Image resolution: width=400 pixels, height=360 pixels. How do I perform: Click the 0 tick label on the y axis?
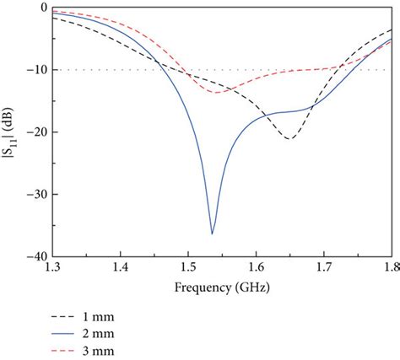[43, 8]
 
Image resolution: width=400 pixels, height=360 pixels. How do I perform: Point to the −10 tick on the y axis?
[37, 70]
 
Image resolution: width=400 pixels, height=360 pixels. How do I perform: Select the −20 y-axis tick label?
[37, 132]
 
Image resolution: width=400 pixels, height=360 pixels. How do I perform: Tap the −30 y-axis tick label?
[37, 195]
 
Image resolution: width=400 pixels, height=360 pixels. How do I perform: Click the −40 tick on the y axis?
[37, 256]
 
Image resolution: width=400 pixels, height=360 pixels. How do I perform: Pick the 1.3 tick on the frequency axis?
[52, 268]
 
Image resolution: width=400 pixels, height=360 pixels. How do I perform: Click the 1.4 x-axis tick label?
[120, 268]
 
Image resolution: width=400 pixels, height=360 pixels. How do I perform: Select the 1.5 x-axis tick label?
[188, 268]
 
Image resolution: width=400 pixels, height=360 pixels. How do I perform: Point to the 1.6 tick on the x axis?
[256, 268]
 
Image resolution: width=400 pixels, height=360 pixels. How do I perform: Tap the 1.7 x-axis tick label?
[324, 268]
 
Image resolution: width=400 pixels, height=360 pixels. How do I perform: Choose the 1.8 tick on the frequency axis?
[389, 268]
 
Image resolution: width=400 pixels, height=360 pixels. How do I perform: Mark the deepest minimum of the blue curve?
[213, 234]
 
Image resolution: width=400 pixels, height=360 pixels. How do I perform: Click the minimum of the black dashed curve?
[289, 139]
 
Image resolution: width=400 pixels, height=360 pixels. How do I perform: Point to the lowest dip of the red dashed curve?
[218, 92]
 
